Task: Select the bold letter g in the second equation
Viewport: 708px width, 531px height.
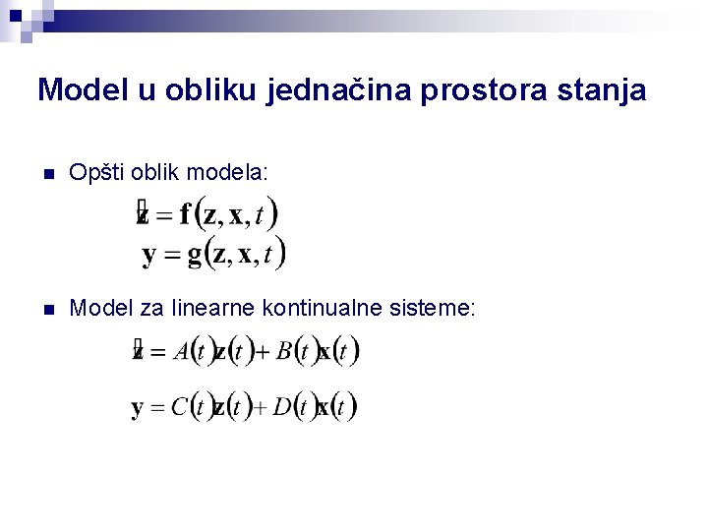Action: (194, 258)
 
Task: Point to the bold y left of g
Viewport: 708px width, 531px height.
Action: (149, 258)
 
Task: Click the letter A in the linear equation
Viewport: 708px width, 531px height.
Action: (180, 352)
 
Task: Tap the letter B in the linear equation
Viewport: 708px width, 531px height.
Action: (284, 352)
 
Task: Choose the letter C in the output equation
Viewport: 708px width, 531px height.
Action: (179, 407)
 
